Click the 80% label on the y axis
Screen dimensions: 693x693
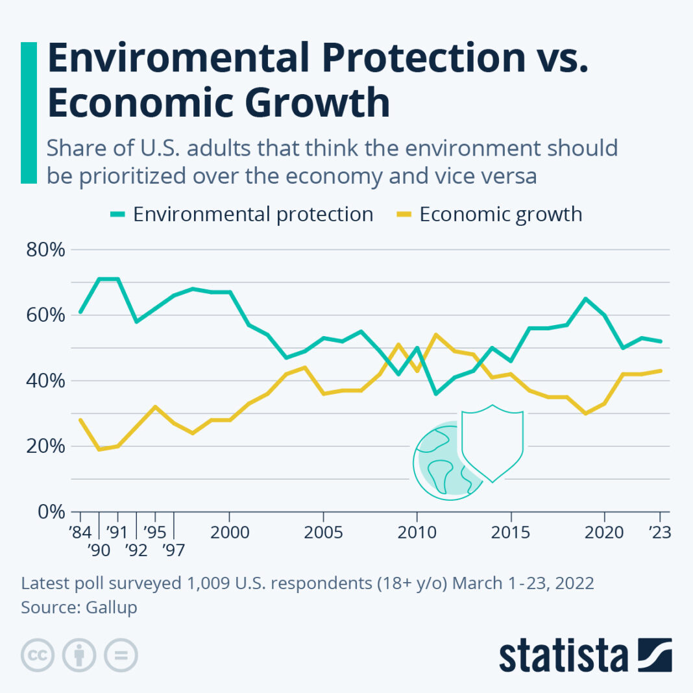45,250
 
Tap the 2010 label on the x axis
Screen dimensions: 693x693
416,533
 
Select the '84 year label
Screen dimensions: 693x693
80,533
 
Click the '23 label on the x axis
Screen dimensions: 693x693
660,533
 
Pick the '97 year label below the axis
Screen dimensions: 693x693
175,551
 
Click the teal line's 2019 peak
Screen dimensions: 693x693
585,298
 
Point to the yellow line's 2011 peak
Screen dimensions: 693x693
435,335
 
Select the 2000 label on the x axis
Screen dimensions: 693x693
229,533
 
